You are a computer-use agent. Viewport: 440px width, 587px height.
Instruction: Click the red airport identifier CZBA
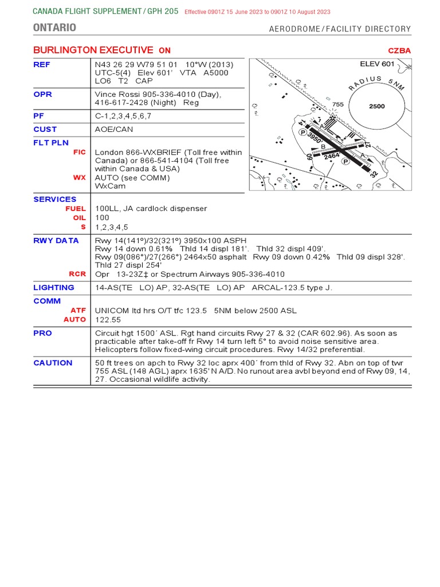(400, 50)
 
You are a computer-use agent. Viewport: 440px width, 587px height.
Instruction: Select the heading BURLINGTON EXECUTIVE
(93, 50)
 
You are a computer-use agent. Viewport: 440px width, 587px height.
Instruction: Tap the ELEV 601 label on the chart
(377, 64)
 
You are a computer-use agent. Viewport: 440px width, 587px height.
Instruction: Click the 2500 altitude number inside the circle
(376, 106)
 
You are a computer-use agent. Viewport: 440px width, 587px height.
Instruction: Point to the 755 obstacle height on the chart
(338, 104)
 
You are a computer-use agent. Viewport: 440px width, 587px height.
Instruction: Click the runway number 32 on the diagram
(375, 172)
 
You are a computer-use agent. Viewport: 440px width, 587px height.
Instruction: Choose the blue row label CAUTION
(53, 362)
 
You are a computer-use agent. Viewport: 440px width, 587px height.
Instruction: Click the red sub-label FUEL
(76, 209)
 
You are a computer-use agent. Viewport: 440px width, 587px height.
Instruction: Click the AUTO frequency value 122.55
(107, 319)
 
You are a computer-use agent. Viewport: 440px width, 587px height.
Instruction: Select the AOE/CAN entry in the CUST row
(113, 129)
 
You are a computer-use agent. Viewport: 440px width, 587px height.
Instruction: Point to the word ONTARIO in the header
(54, 28)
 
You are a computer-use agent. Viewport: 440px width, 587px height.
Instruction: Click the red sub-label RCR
(77, 274)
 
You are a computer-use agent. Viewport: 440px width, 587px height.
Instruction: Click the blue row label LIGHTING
(53, 287)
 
